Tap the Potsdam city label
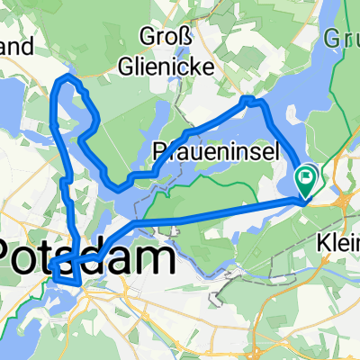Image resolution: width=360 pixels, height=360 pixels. coord(87,259)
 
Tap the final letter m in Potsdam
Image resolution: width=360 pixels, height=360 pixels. coord(158,259)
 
